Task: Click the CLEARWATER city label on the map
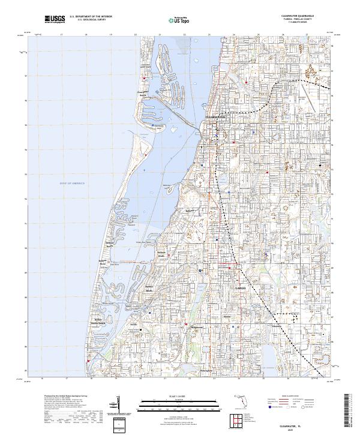click(x=214, y=116)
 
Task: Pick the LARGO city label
click(x=235, y=288)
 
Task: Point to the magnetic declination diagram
click(x=121, y=404)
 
